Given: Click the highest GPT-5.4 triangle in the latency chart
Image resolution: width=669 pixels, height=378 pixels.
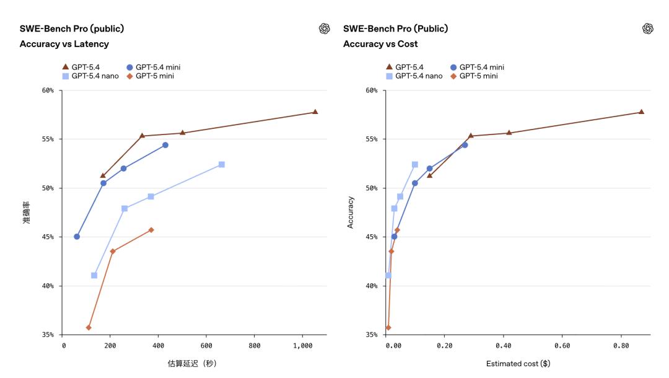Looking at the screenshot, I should point(315,112).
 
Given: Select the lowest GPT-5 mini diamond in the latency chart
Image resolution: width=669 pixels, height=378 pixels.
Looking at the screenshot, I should point(89,327).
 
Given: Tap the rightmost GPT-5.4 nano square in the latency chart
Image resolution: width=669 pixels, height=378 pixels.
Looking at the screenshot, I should point(222,164).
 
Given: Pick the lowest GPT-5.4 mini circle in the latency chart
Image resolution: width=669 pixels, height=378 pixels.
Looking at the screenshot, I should point(77,236).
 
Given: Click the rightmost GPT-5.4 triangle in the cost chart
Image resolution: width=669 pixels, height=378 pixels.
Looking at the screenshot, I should point(641,112).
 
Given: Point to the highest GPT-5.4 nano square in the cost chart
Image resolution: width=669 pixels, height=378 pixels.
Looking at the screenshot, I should point(415,164).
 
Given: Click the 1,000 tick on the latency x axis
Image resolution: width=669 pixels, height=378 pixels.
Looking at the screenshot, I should point(303,345).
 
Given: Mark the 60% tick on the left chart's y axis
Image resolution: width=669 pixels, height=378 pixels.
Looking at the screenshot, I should point(48,90).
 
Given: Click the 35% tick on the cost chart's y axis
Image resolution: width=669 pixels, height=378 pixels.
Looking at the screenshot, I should point(372,335).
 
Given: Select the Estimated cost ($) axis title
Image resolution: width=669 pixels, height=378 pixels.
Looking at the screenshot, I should point(518,364).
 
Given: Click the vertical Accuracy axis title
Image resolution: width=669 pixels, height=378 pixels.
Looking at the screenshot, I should point(351,213).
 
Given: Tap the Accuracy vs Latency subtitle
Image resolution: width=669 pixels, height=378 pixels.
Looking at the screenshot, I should point(64,44).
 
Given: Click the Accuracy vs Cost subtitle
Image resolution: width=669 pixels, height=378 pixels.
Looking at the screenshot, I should point(380,44).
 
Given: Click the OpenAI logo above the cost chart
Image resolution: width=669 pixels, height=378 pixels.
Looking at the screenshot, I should point(648,29).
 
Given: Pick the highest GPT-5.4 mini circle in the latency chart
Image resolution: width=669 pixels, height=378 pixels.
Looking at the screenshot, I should point(165,145).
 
